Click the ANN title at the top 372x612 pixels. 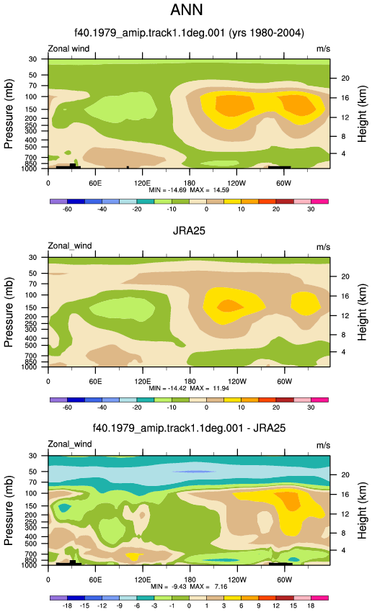pos(187,10)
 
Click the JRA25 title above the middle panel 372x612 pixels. pos(189,230)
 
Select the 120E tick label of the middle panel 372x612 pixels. pos(142,382)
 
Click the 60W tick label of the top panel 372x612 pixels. pos(284,183)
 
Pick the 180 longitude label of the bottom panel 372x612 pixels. pos(190,580)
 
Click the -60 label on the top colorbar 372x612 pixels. pos(67,209)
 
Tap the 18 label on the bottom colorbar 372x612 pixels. pos(311,606)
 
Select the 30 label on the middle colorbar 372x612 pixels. pos(311,407)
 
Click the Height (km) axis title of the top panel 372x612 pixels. pos(362,114)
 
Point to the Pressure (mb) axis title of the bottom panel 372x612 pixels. pos(9,510)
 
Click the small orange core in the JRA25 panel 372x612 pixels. pos(229,305)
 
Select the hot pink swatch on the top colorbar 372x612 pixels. pos(319,202)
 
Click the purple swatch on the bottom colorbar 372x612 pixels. pos(58,598)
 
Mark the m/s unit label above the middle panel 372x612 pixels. pos(323,247)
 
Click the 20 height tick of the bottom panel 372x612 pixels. pos(345,474)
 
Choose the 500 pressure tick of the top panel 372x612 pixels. pos(33,147)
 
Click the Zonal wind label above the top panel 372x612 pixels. pos(68,49)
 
